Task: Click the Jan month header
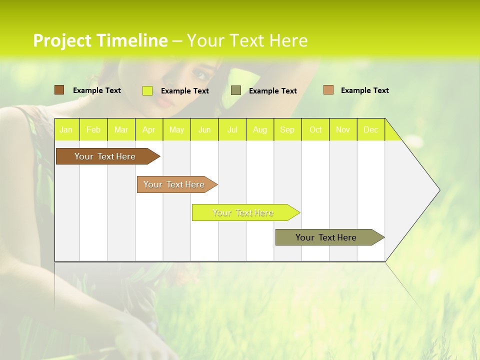[x=66, y=129]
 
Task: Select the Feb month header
[x=93, y=129]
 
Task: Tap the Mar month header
[x=121, y=129]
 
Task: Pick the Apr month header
[x=149, y=129]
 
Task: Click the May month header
[x=176, y=129]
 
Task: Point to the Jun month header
[x=204, y=129]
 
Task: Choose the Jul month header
[x=232, y=129]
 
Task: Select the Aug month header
[x=260, y=129]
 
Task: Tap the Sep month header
[x=287, y=129]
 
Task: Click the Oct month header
[x=315, y=129]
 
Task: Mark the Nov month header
[x=343, y=129]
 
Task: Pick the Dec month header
[x=371, y=129]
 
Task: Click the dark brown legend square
[x=59, y=90]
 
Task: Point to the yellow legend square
[x=147, y=90]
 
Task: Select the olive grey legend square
[x=236, y=90]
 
